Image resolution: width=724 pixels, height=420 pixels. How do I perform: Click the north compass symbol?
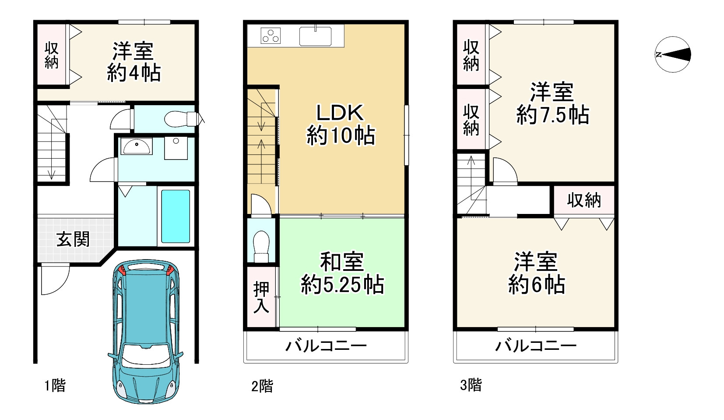[673, 55]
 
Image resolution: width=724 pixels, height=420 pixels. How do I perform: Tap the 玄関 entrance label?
[73, 239]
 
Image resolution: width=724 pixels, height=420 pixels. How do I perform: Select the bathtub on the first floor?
[176, 216]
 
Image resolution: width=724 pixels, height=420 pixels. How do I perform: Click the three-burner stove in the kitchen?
[271, 36]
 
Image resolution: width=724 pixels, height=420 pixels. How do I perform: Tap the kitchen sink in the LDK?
[315, 36]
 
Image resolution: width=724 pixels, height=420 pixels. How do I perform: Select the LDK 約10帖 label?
[340, 125]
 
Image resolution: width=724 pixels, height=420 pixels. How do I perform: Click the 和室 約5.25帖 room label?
[342, 273]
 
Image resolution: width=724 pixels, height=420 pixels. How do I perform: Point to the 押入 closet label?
[261, 297]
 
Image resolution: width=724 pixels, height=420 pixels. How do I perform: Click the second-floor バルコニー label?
[326, 346]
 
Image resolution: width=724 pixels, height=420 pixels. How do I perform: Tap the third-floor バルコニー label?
[536, 346]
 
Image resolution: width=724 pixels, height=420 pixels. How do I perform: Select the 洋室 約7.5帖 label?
[552, 103]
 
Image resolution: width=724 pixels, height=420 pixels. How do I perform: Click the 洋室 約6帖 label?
[537, 273]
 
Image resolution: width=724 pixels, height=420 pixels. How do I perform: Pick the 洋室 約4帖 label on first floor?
[134, 62]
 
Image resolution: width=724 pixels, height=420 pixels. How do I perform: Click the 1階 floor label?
[55, 386]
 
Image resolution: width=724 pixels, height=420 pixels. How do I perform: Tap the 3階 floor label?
[471, 385]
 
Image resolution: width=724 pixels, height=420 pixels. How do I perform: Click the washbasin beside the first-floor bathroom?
[137, 146]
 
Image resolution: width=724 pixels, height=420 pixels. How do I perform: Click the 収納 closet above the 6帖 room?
[584, 200]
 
